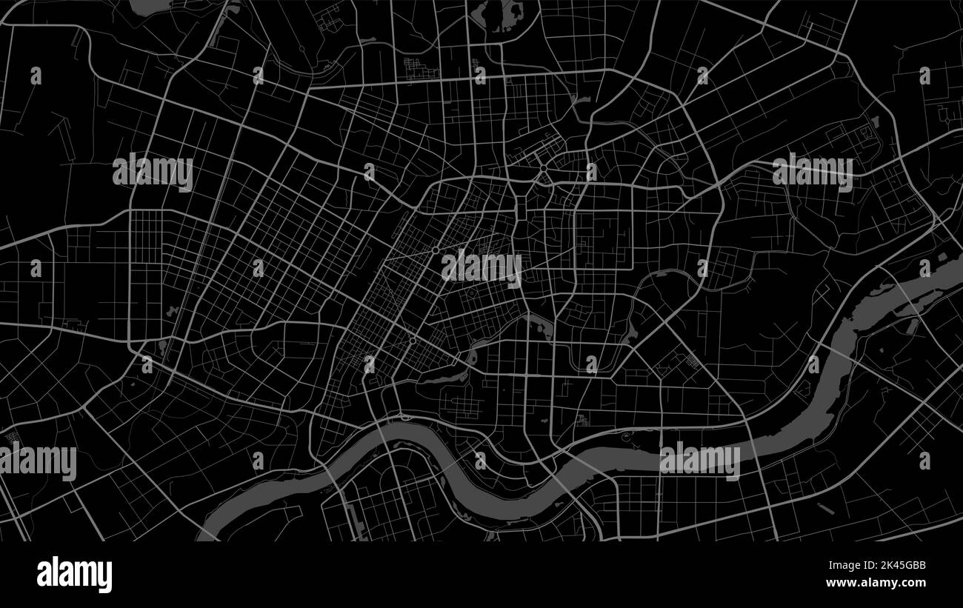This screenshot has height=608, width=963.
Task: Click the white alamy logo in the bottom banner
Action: (x=74, y=575)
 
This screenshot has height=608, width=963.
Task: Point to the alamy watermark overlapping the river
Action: (x=699, y=461)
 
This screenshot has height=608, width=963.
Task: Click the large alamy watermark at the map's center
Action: (x=481, y=268)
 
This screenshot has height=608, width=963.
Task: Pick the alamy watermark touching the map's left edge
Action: (x=39, y=462)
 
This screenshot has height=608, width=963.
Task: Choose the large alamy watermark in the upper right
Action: (x=812, y=172)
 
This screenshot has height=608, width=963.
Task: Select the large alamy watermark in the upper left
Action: (x=153, y=172)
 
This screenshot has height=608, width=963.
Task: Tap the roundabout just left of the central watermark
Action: (x=435, y=252)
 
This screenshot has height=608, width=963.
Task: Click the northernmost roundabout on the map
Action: (x=543, y=169)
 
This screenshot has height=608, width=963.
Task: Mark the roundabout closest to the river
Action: (x=412, y=341)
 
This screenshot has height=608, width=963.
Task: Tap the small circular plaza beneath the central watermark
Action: (x=472, y=295)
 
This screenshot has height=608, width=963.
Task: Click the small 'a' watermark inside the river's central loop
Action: (x=480, y=461)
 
